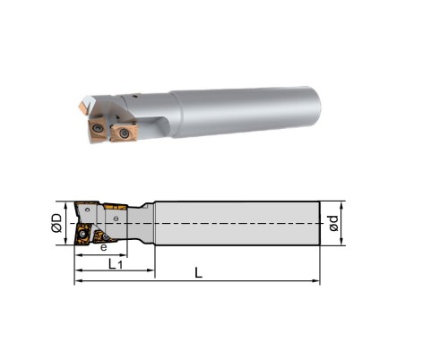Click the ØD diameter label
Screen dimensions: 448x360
click(x=56, y=223)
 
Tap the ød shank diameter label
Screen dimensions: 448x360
click(x=333, y=223)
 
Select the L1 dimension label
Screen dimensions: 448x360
click(x=116, y=264)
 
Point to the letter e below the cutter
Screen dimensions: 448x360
click(x=103, y=247)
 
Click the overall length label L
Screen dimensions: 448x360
click(x=198, y=272)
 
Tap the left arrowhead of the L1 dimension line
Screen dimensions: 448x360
click(x=78, y=270)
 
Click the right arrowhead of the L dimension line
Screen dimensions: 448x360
click(x=316, y=280)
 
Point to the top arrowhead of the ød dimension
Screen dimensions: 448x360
click(x=341, y=205)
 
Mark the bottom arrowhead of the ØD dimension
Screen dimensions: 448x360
click(x=65, y=241)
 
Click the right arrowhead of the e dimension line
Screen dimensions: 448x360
click(x=124, y=255)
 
